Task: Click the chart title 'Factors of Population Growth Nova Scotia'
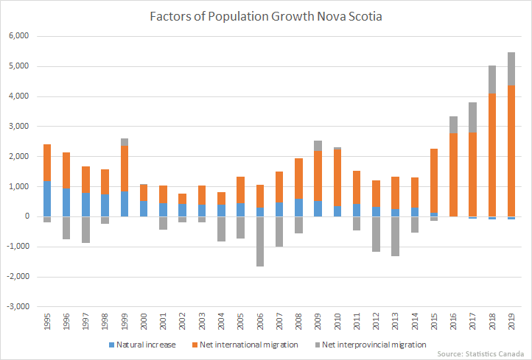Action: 265,16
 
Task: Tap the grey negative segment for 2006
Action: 259,241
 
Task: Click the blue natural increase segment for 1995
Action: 47,198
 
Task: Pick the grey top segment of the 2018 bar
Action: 491,80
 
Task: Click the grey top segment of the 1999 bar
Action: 125,142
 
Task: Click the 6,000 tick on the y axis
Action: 17,36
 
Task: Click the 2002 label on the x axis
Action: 183,322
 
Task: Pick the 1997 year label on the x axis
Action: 86,322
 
